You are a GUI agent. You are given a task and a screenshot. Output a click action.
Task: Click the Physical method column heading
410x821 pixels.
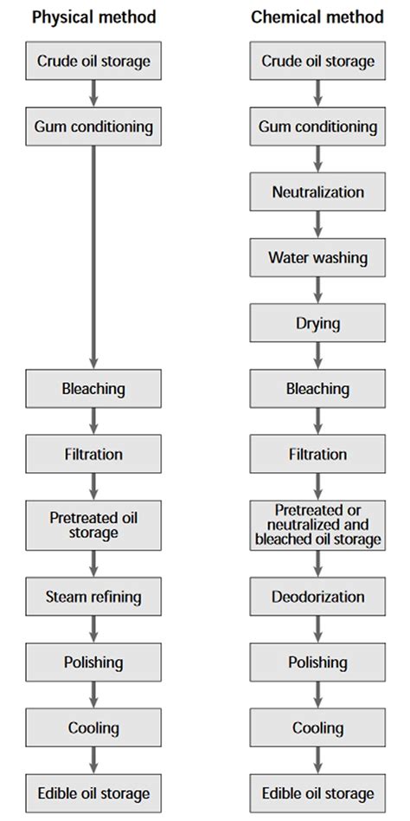click(93, 17)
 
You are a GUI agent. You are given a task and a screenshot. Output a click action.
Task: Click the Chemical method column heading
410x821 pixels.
click(317, 17)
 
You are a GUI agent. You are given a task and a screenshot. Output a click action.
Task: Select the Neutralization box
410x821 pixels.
click(317, 191)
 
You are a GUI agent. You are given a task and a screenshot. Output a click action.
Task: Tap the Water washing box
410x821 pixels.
click(317, 257)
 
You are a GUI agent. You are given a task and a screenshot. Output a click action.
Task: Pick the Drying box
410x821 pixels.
click(317, 323)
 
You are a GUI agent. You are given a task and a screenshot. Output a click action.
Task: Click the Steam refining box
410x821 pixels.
click(93, 597)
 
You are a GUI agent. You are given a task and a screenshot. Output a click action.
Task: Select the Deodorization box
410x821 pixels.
click(317, 597)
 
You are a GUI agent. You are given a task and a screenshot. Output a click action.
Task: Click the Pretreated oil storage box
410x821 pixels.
click(93, 525)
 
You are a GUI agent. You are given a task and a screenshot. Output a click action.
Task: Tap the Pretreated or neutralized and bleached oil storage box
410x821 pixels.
click(317, 525)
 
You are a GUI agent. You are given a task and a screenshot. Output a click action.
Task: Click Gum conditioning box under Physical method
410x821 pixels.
click(93, 126)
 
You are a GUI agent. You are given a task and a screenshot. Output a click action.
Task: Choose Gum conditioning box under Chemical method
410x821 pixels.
click(317, 126)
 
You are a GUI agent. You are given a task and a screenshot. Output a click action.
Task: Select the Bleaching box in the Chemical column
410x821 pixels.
click(317, 389)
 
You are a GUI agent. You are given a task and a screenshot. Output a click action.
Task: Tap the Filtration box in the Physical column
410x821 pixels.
click(93, 454)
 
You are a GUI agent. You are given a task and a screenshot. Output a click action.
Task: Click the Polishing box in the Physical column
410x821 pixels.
click(93, 663)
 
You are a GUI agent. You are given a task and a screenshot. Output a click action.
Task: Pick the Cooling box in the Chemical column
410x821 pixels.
click(317, 728)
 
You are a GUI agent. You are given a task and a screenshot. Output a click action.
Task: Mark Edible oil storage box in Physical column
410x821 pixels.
click(93, 793)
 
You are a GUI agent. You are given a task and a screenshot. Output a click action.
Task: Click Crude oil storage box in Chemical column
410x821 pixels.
click(317, 61)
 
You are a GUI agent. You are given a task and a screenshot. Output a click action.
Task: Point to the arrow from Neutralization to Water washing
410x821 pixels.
click(317, 224)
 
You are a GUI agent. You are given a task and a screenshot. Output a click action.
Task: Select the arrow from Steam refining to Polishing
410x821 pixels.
click(93, 630)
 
